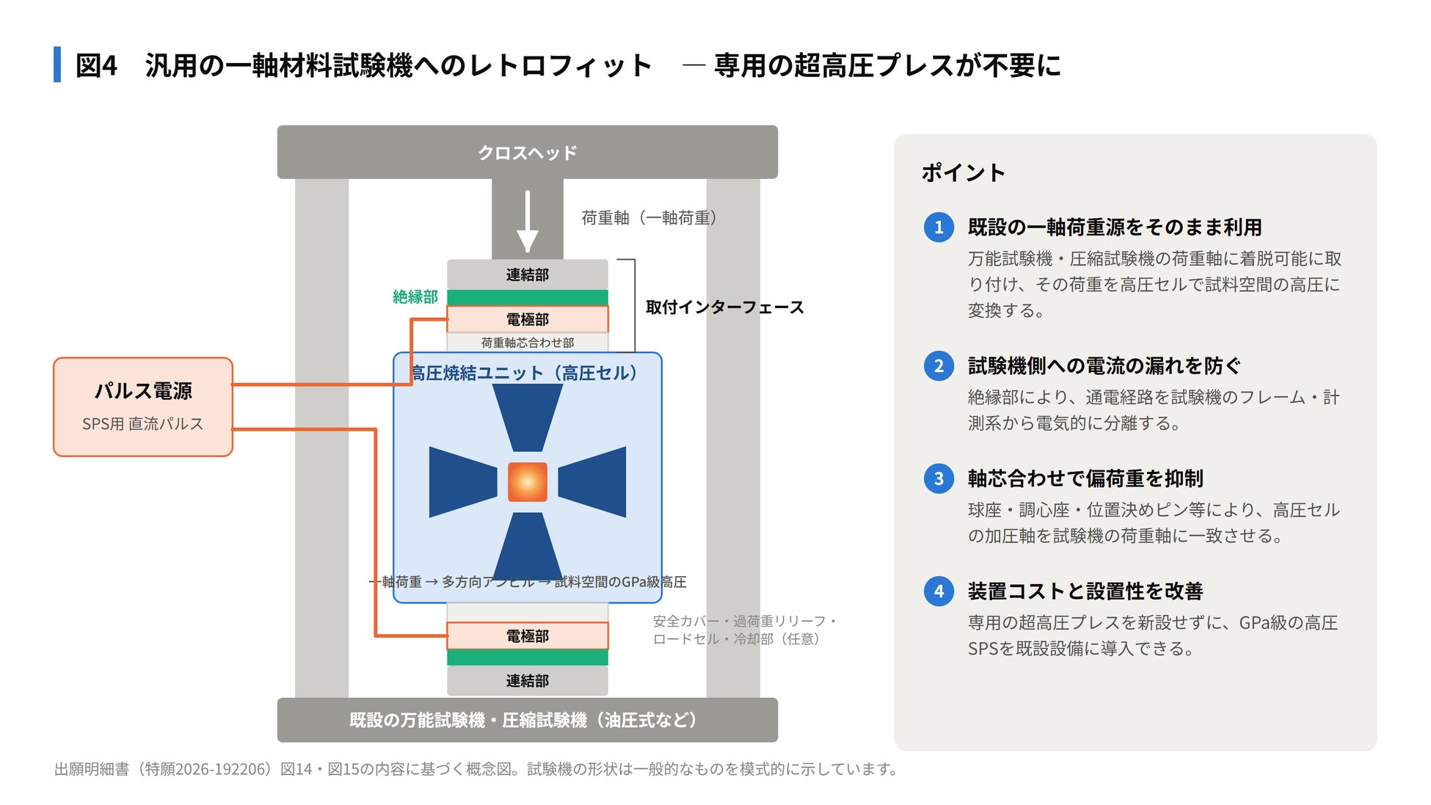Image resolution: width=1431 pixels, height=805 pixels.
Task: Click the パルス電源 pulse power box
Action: tap(143, 407)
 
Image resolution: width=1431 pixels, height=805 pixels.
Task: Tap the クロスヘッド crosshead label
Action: tap(527, 153)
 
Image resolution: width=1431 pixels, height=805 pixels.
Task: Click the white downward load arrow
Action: tap(527, 221)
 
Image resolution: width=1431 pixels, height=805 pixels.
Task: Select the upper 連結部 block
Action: tap(527, 274)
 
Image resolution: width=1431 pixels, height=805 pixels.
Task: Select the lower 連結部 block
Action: tap(527, 680)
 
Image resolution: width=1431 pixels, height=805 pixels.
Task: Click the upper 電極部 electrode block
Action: tap(527, 319)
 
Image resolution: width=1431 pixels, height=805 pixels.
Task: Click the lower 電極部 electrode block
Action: tap(527, 635)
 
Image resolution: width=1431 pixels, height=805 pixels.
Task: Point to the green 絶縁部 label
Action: tap(415, 296)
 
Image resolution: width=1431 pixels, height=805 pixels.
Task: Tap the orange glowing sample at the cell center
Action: tap(527, 482)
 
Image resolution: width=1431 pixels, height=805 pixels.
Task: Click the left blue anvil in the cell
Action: tap(463, 482)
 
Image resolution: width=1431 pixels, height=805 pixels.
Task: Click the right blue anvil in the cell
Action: tap(592, 482)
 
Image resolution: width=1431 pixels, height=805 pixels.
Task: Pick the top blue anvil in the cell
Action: tap(527, 418)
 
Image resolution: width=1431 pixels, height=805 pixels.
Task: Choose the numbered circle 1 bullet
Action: tap(939, 227)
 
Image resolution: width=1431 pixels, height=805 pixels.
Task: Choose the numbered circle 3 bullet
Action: tap(939, 478)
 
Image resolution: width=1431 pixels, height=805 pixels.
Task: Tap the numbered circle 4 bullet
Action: tap(939, 591)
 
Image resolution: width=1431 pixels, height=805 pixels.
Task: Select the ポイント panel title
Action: tap(963, 172)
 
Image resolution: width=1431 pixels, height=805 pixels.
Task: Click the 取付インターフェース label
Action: tap(724, 307)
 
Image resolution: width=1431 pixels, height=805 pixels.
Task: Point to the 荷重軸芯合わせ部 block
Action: tap(527, 343)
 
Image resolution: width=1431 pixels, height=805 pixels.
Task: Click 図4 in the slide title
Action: tap(96, 65)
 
